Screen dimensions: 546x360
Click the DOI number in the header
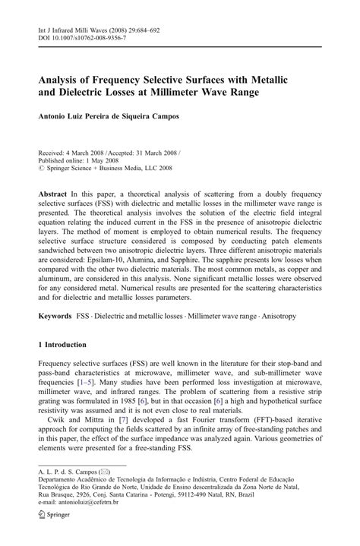click(92, 37)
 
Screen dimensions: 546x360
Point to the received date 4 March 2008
click(87, 152)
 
